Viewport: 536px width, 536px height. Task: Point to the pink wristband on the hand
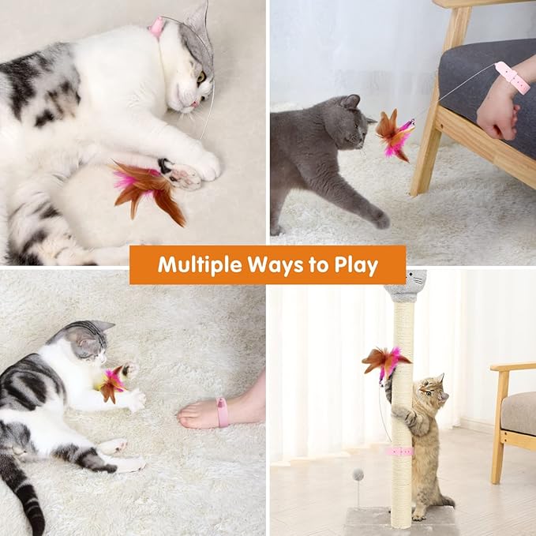coord(513,77)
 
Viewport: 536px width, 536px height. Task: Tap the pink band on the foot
coord(223,412)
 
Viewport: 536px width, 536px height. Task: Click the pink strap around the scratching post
coord(401,451)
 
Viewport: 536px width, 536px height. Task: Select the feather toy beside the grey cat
coord(393,134)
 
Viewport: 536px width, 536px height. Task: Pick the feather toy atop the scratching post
coord(384,361)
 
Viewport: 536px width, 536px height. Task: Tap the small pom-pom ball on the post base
coord(358,475)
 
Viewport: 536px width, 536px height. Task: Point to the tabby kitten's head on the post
coord(430,389)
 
